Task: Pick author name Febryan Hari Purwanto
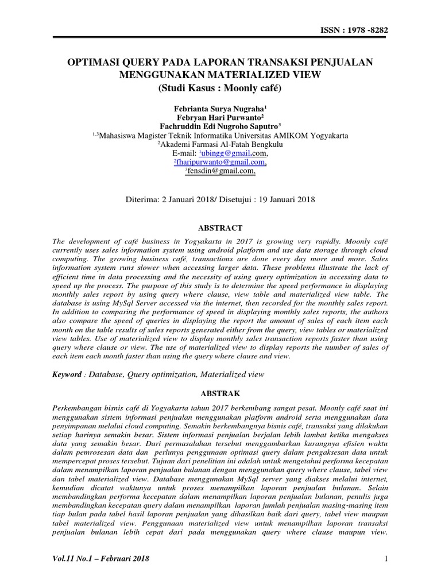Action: click(220, 118)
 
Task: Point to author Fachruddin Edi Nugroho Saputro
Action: click(220, 127)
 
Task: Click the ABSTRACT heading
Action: click(220, 228)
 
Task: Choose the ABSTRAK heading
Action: click(220, 394)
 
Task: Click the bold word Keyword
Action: click(65, 374)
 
